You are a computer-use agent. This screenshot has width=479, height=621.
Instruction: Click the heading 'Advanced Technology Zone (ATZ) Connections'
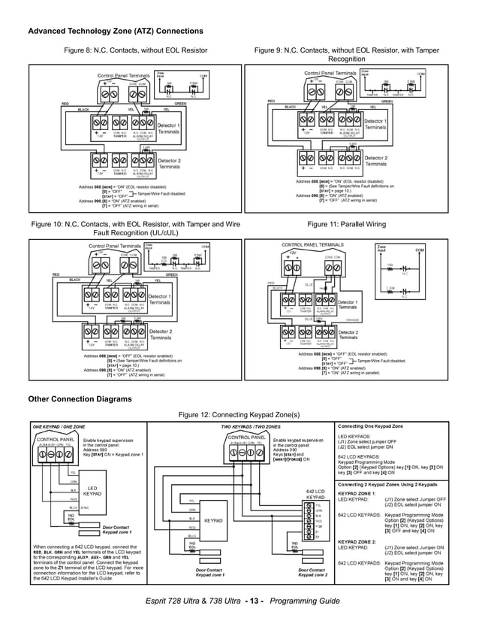coord(116,31)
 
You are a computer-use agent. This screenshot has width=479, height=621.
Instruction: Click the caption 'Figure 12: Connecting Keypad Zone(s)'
coord(239,414)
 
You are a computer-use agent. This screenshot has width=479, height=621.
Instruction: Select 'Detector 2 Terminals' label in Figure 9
coord(376,161)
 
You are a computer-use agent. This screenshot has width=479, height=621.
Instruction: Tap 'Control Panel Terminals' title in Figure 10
coord(115,246)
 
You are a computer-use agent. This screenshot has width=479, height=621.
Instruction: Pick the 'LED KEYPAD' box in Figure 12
coord(92,490)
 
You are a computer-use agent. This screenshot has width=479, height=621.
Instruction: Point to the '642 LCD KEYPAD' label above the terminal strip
coord(315,495)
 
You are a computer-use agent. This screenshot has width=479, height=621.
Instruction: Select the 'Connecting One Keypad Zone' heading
coord(375,426)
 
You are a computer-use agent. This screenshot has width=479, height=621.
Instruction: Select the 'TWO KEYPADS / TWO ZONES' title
coord(251,426)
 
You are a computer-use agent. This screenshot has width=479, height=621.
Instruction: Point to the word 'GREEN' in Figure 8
coord(180,103)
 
